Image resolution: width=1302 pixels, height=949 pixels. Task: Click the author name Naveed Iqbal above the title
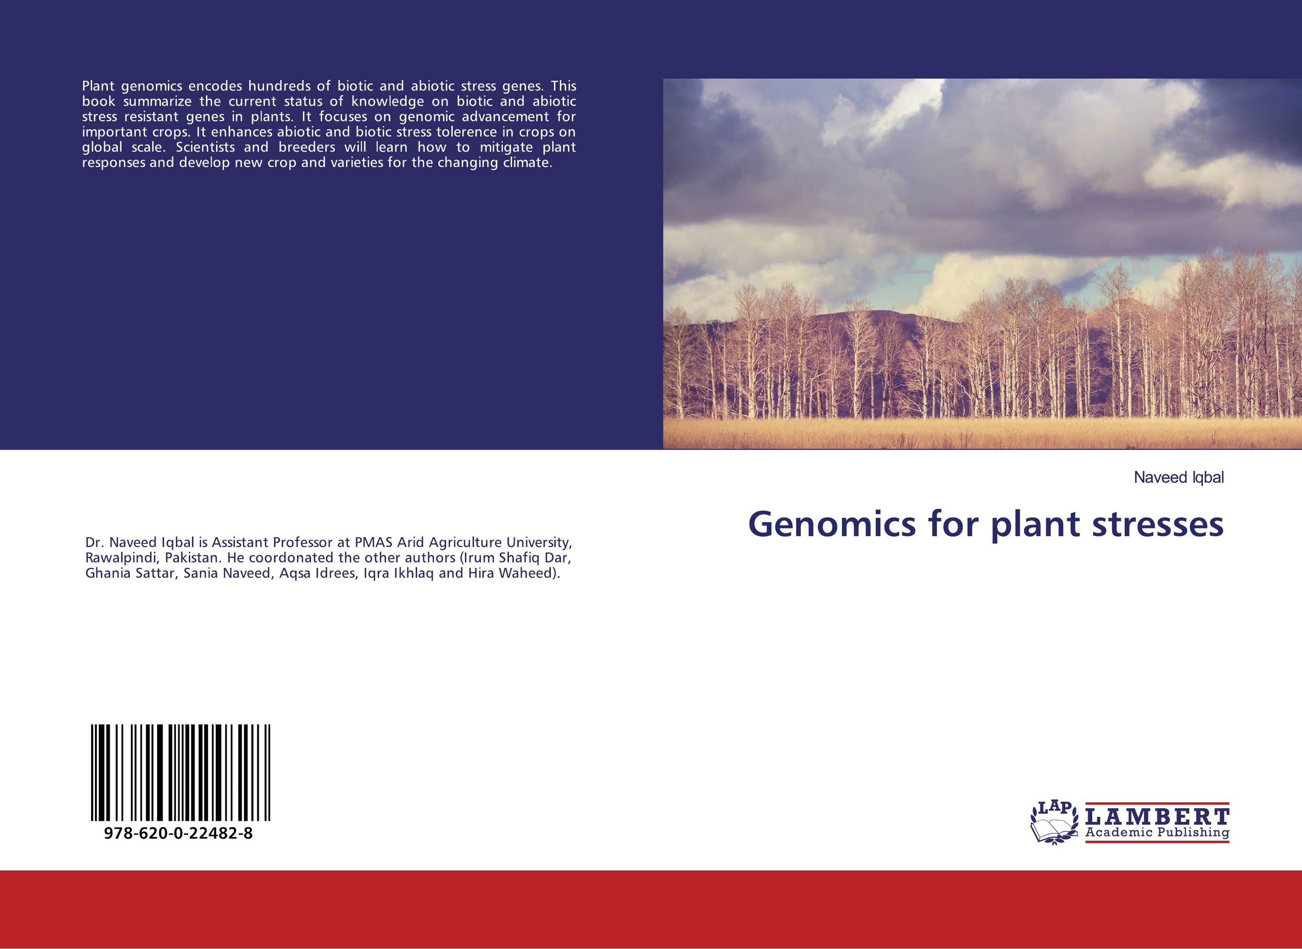pos(1178,477)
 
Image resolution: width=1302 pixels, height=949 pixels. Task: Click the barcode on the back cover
pos(180,772)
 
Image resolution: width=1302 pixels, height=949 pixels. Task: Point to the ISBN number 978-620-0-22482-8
pos(179,833)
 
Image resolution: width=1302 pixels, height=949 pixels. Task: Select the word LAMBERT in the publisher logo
pos(1157,816)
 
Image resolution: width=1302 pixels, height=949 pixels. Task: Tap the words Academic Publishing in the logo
pos(1157,832)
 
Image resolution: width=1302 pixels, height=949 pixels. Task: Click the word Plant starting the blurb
pos(99,86)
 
